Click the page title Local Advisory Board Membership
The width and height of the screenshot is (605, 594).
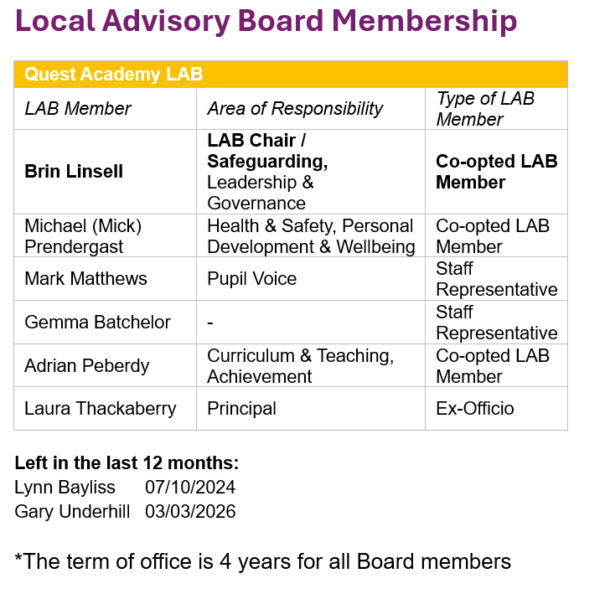[266, 22]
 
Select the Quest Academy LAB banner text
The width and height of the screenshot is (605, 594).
[113, 74]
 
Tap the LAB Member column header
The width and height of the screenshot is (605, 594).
[78, 109]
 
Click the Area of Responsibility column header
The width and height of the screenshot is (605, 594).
[295, 109]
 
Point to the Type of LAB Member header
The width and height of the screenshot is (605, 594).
[485, 109]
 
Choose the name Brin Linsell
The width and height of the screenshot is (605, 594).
[74, 172]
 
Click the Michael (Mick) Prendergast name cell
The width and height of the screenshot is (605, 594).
[84, 236]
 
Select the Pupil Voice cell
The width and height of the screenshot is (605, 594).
[251, 279]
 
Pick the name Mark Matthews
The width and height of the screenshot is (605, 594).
[85, 279]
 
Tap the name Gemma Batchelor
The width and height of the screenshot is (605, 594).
[97, 323]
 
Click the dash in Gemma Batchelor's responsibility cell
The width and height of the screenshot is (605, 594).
[210, 323]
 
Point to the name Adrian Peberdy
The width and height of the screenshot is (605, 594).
[87, 366]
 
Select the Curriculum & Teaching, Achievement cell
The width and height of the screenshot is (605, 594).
[300, 366]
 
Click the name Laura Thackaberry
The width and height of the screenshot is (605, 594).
[101, 409]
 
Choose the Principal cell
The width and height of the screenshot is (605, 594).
[241, 409]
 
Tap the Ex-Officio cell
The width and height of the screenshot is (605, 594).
[474, 409]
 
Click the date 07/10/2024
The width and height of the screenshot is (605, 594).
[190, 488]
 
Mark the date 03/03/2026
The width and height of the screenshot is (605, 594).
[190, 511]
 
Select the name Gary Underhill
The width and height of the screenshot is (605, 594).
[72, 511]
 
